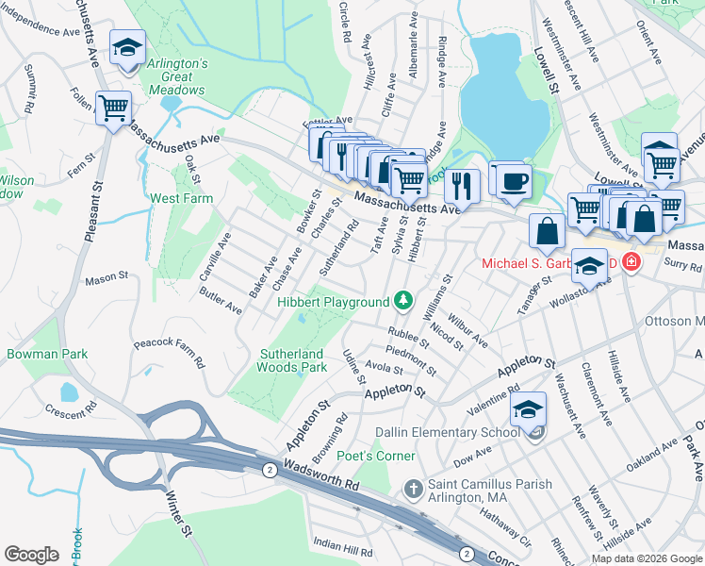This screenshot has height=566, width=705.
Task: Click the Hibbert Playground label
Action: click(x=333, y=302)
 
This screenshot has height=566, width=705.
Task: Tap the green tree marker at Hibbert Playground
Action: click(x=403, y=300)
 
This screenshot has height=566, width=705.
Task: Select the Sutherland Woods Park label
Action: click(x=292, y=361)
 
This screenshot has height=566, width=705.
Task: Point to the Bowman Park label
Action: click(x=47, y=354)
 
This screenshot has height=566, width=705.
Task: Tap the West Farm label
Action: click(x=181, y=199)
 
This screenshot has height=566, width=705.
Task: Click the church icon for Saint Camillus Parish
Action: click(x=412, y=488)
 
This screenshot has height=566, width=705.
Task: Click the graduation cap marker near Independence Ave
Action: click(x=126, y=47)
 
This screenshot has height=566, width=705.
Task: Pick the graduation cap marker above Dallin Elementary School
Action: click(x=528, y=408)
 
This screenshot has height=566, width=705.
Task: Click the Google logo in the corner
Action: click(x=32, y=554)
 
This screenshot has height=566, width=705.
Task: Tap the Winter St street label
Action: click(x=179, y=519)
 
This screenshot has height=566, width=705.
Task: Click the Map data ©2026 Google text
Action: click(x=646, y=558)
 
